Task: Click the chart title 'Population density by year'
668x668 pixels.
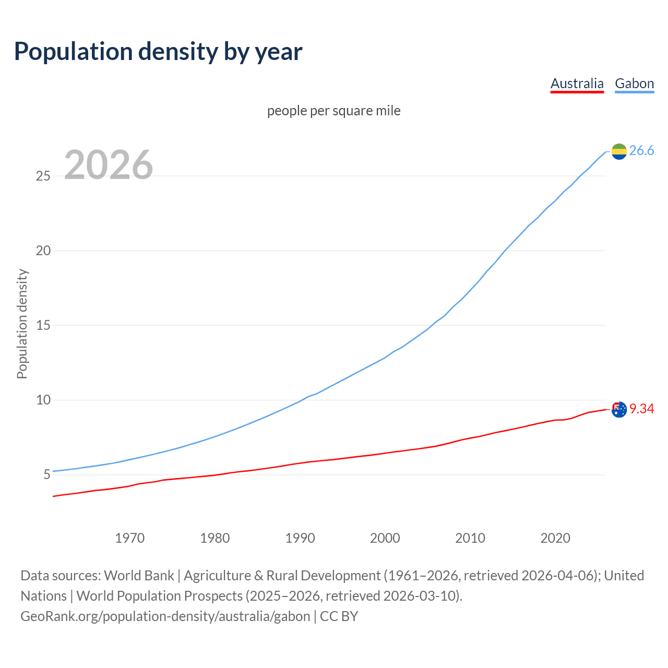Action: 158,51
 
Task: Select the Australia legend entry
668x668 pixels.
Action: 577,83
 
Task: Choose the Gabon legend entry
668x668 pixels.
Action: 634,83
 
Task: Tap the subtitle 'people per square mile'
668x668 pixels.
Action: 333,111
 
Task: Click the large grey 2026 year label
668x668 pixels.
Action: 109,165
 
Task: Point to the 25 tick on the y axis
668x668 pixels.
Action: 43,176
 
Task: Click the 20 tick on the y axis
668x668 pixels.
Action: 43,250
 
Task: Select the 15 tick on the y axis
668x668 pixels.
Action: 43,325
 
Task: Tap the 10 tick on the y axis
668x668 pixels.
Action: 43,400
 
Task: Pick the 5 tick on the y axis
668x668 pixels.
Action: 47,475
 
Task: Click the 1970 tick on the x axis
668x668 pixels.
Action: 129,538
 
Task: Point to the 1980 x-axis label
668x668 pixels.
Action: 214,538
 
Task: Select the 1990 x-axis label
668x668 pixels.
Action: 300,538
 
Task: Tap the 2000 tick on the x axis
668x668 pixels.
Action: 385,538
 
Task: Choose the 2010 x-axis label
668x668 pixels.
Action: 470,538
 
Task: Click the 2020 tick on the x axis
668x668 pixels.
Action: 555,538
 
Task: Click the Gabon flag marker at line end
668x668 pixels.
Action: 619,151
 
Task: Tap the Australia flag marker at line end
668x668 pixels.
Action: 619,410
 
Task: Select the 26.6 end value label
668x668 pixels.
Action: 641,151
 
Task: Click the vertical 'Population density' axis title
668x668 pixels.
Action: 22,324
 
